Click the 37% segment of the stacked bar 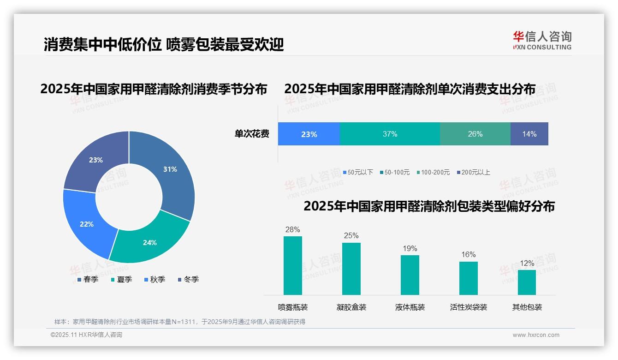point(390,134)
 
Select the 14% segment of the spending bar point(529,134)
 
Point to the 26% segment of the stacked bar point(475,134)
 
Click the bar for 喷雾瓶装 point(292,265)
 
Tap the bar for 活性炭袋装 point(468,278)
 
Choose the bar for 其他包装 point(527,282)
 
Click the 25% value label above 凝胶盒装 point(351,235)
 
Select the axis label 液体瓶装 point(410,307)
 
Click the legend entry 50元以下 point(358,172)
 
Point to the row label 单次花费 point(252,134)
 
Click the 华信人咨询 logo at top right point(542,40)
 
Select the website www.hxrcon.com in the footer point(536,335)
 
